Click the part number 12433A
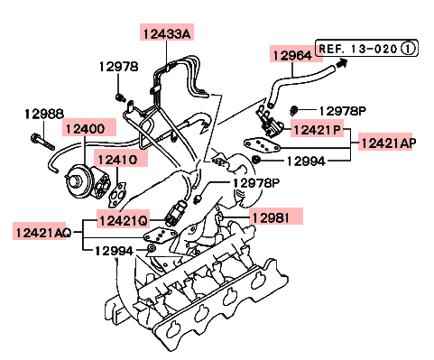point(167,33)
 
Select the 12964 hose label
point(292,56)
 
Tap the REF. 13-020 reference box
point(366,48)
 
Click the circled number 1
point(408,49)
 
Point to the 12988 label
point(44,114)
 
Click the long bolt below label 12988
point(42,142)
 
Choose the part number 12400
point(85,129)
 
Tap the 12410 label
point(117,160)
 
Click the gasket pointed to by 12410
point(118,195)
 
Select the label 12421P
point(317,130)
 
